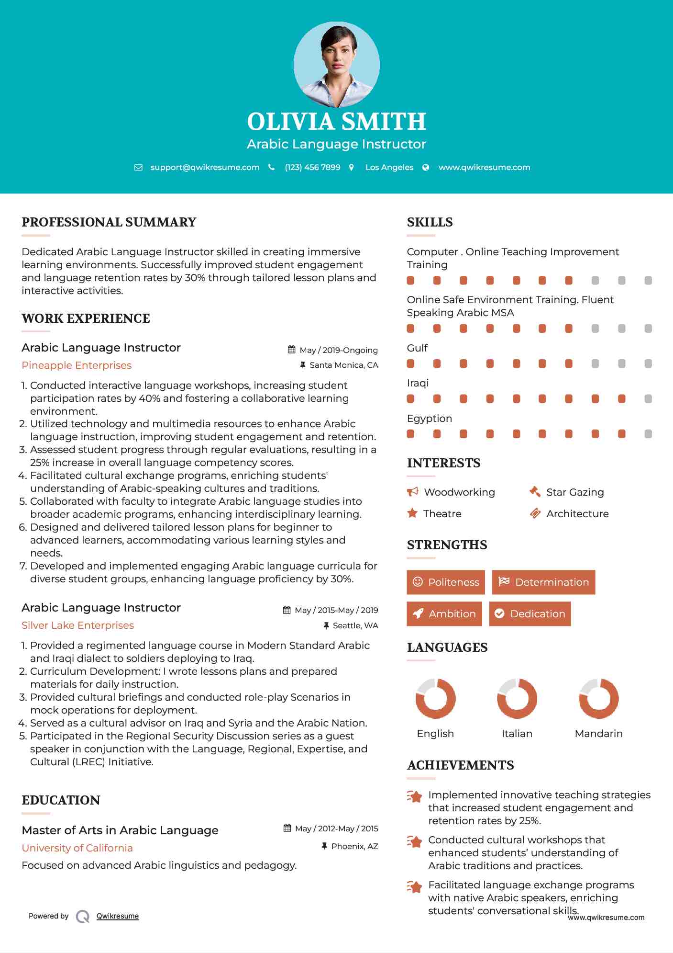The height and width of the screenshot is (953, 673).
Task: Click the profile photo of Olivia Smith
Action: coord(336,64)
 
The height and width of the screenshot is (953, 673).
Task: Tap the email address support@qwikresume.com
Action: coord(205,167)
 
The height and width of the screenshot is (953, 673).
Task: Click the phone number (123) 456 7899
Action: coord(312,167)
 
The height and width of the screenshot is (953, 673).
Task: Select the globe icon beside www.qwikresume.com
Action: coord(426,167)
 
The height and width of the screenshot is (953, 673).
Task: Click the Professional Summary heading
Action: coord(109,222)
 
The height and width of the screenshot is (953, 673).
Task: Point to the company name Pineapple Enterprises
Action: coord(77,365)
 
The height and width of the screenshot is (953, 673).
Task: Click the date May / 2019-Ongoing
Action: coord(338,350)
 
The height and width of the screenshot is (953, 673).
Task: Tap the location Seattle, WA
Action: coord(355,625)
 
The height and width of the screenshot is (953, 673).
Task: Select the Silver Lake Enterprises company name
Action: coord(77,625)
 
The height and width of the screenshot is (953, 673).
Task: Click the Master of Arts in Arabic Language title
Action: coord(120,830)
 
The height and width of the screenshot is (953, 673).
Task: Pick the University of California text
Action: coord(77,848)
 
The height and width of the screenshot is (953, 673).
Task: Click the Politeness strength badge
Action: coord(445,582)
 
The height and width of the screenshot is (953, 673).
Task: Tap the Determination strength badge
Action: coord(543,582)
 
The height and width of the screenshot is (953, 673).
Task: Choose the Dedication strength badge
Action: coord(530,614)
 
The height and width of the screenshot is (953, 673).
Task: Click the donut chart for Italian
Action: coord(517,698)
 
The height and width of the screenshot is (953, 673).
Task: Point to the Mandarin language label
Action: coord(598,734)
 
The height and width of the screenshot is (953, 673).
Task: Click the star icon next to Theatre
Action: coord(412,513)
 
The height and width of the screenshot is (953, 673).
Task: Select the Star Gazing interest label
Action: coord(575,492)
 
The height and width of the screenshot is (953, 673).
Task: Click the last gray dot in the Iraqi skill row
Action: coord(648,399)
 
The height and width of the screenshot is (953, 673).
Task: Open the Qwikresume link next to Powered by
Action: coord(118,916)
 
